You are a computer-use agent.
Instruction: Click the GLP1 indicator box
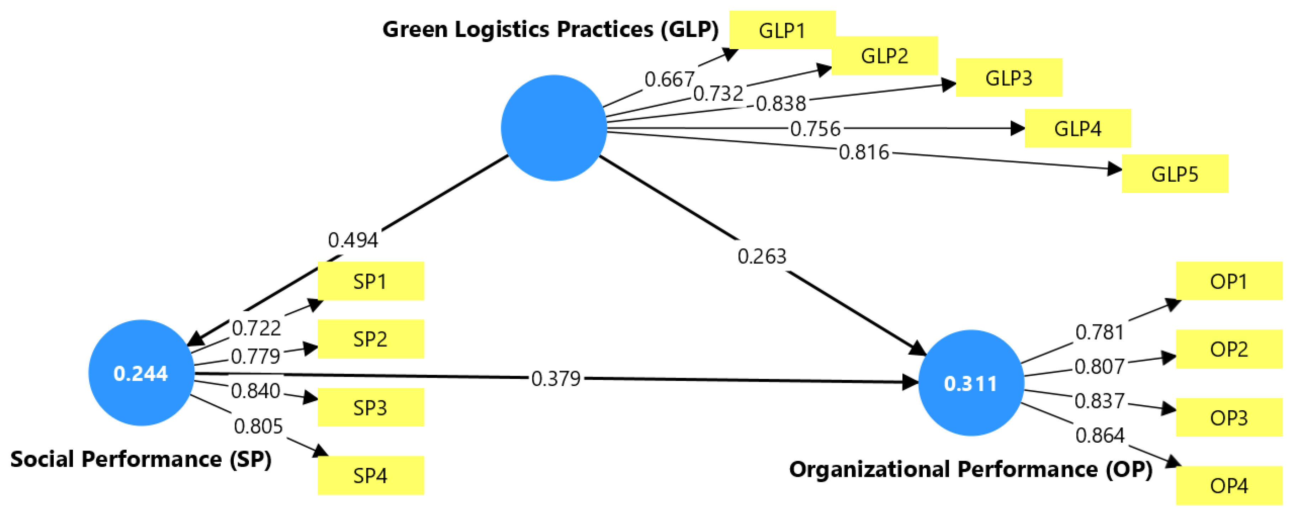pyautogui.click(x=782, y=30)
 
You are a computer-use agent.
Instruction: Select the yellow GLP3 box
pyautogui.click(x=1009, y=78)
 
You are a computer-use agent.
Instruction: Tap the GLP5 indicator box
pyautogui.click(x=1175, y=174)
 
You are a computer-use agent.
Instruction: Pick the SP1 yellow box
pyautogui.click(x=370, y=281)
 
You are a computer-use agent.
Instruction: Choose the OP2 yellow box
pyautogui.click(x=1229, y=349)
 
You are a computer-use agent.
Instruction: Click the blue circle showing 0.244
pyautogui.click(x=141, y=373)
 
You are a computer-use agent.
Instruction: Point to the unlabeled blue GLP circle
pyautogui.click(x=554, y=128)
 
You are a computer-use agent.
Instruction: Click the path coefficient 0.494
pyautogui.click(x=353, y=240)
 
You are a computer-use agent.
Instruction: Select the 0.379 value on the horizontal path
pyautogui.click(x=556, y=378)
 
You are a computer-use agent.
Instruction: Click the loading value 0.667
pyautogui.click(x=669, y=79)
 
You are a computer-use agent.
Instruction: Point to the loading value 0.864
pyautogui.click(x=1100, y=435)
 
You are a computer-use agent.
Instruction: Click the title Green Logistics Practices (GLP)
pyautogui.click(x=550, y=29)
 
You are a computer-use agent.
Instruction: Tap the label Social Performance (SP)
pyautogui.click(x=141, y=459)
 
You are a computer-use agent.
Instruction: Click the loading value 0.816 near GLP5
pyautogui.click(x=864, y=152)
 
